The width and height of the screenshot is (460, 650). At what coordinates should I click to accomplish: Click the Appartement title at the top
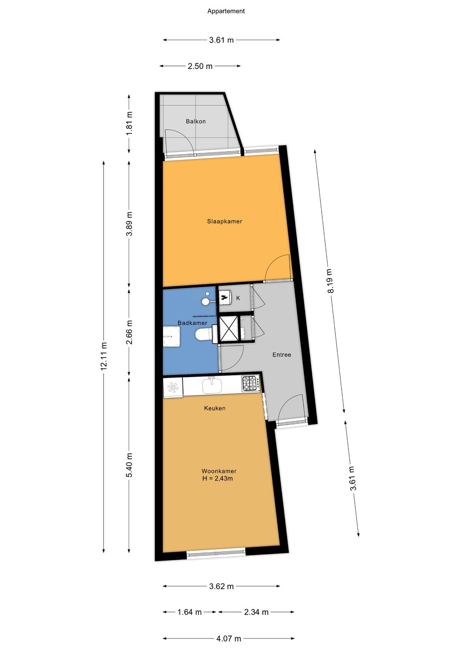pyautogui.click(x=226, y=11)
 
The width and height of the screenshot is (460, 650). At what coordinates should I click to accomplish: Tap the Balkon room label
pyautogui.click(x=195, y=121)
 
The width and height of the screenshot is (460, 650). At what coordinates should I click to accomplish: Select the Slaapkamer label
pyautogui.click(x=224, y=221)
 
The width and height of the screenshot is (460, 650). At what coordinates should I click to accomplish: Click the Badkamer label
pyautogui.click(x=192, y=323)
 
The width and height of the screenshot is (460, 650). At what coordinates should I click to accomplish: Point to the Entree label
pyautogui.click(x=282, y=355)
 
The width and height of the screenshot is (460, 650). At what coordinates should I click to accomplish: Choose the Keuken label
pyautogui.click(x=215, y=408)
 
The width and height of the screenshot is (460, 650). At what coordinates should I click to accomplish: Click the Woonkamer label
pyautogui.click(x=219, y=471)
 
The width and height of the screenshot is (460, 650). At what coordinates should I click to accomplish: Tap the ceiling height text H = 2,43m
pyautogui.click(x=218, y=478)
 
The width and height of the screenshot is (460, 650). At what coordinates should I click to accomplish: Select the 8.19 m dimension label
pyautogui.click(x=331, y=281)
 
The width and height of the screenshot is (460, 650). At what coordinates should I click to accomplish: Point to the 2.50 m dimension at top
pyautogui.click(x=200, y=66)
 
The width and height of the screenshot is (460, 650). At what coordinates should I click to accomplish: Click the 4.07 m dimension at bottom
pyautogui.click(x=229, y=639)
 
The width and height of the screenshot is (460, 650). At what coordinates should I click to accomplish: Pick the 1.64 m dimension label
pyautogui.click(x=190, y=612)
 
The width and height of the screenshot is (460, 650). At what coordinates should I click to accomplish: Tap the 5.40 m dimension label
pyautogui.click(x=129, y=465)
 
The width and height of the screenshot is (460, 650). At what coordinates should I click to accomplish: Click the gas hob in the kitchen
pyautogui.click(x=250, y=383)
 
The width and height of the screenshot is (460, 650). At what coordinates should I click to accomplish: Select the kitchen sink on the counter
pyautogui.click(x=212, y=386)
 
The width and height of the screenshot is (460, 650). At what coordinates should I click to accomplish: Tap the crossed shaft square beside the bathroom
pyautogui.click(x=228, y=329)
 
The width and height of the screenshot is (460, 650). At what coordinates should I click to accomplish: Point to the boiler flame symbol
pyautogui.click(x=224, y=297)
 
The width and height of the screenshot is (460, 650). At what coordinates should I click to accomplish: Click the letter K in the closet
pyautogui.click(x=238, y=298)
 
